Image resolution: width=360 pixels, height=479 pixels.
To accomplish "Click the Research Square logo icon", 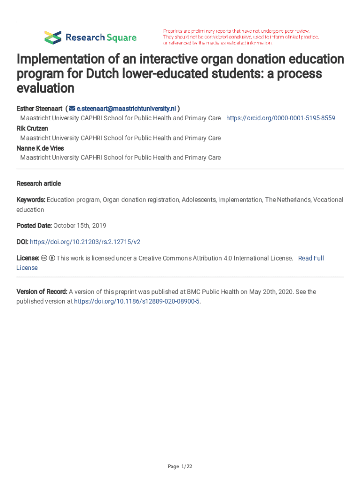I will (x=52, y=37).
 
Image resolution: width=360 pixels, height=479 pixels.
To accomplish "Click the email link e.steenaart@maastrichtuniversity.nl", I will (x=126, y=109).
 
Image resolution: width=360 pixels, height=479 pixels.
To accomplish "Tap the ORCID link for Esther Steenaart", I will (x=281, y=118).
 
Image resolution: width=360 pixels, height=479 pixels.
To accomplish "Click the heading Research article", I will (x=39, y=183).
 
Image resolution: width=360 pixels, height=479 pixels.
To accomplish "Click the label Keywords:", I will (x=31, y=200).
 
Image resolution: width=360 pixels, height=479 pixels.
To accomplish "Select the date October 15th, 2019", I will (x=79, y=225).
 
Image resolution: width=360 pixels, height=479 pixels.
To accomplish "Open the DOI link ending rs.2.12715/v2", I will (x=85, y=242).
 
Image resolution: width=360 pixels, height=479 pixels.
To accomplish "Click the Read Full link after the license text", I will (x=311, y=258).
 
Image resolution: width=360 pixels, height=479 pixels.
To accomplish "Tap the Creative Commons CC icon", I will (x=44, y=258).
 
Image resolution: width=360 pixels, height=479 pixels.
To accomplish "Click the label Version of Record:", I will (x=42, y=292).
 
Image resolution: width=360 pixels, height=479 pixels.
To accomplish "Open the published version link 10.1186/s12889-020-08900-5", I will (x=137, y=301).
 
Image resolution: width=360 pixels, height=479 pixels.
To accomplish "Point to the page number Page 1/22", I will (x=180, y=466).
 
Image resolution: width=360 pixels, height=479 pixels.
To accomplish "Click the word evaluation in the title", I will (x=45, y=88).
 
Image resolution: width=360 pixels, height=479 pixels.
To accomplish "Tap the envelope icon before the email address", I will (x=72, y=109).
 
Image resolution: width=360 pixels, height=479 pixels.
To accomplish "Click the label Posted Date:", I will (x=34, y=225).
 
